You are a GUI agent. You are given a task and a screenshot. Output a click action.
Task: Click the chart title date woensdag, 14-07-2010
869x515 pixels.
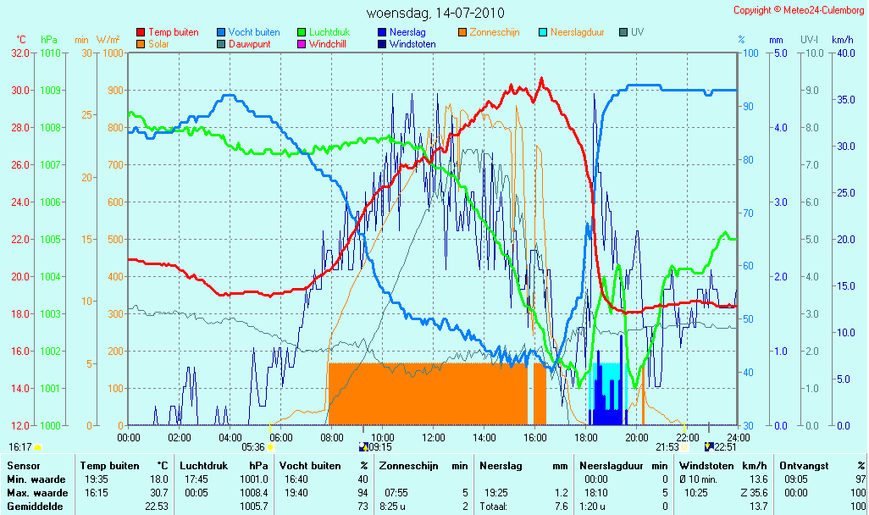point(435,13)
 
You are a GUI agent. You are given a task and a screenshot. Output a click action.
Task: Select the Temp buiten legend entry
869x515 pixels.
point(168,32)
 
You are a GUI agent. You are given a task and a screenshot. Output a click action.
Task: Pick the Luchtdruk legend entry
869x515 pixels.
point(324,32)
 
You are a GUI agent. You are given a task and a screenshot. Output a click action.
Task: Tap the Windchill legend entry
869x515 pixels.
point(322,44)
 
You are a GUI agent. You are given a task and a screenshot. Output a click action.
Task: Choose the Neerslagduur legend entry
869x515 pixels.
point(572,32)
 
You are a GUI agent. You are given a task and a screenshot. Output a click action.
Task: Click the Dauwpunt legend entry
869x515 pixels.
point(244,44)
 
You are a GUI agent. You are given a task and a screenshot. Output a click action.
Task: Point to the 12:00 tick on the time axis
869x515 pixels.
point(434,437)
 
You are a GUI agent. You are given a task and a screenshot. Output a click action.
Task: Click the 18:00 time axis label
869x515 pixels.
point(586,437)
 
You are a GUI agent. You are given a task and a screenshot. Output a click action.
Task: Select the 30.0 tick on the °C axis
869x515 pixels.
point(21,91)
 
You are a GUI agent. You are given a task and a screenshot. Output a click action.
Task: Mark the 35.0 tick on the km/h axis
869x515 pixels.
point(846,100)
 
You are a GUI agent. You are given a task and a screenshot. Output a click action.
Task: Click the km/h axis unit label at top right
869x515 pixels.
point(843,40)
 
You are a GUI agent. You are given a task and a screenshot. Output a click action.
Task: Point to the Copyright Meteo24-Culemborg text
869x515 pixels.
point(799,10)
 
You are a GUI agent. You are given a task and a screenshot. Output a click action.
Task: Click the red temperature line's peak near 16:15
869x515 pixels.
point(541,80)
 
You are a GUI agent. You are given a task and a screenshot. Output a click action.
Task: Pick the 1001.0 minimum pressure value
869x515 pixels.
point(254,479)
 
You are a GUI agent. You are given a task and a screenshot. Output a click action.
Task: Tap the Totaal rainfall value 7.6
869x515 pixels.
point(562,507)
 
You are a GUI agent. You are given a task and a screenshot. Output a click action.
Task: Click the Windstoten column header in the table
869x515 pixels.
point(706,466)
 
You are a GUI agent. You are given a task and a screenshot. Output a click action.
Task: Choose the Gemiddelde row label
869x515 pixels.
point(35,507)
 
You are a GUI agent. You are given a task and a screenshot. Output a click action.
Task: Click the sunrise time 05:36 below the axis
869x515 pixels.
point(253,447)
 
